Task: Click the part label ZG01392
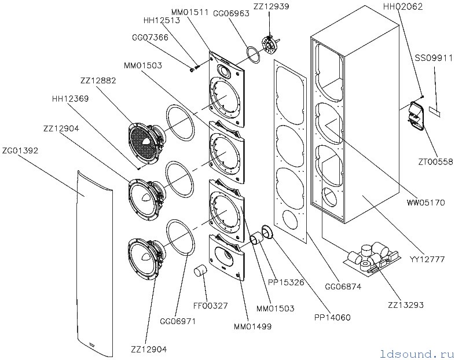point(20,151)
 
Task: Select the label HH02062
point(403,7)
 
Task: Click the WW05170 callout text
point(426,202)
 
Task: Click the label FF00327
point(211,306)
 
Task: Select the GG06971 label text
point(178,321)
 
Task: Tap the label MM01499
point(253,326)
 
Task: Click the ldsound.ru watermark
point(417,354)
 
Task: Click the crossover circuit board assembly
point(372,258)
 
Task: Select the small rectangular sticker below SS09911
point(434,112)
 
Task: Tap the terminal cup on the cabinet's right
point(417,115)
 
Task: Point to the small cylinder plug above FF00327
point(200,271)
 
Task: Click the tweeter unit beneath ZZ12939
point(270,44)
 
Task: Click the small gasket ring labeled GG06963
point(253,55)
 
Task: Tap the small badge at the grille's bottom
point(93,344)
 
